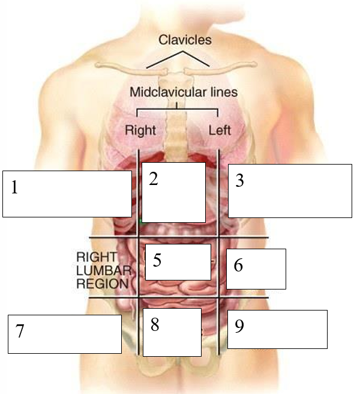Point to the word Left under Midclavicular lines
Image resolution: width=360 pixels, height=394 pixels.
click(219, 129)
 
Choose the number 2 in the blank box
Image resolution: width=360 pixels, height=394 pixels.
click(154, 179)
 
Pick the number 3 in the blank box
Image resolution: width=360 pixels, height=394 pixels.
click(239, 180)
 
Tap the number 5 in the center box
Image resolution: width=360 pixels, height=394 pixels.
click(157, 260)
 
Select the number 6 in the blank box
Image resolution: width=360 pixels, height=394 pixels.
click(238, 265)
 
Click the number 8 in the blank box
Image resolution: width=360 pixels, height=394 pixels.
click(155, 325)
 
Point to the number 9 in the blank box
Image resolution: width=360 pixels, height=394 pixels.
click(239, 326)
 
